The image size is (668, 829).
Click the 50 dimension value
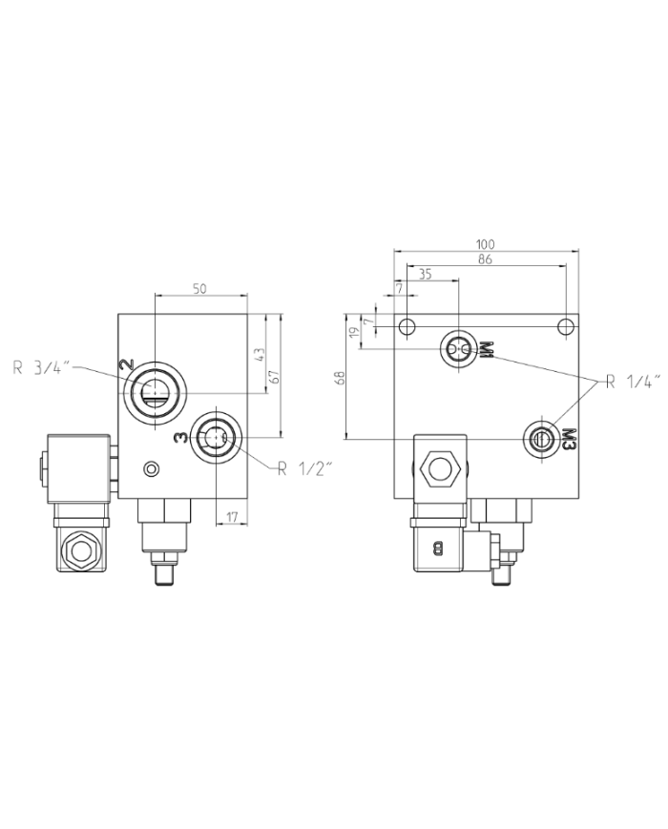(x=199, y=289)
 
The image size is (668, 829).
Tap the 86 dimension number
(x=486, y=259)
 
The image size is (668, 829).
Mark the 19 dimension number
(x=354, y=333)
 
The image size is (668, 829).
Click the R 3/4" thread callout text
(x=44, y=365)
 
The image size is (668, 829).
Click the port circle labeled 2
(x=154, y=389)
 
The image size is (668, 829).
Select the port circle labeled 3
(x=216, y=438)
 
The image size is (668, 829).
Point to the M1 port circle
(x=459, y=350)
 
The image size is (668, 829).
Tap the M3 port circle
(x=542, y=438)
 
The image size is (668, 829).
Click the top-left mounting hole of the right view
(x=407, y=327)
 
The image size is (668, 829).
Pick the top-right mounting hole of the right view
(x=566, y=327)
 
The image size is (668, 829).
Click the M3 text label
(x=569, y=438)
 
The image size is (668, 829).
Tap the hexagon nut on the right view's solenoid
(x=440, y=468)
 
